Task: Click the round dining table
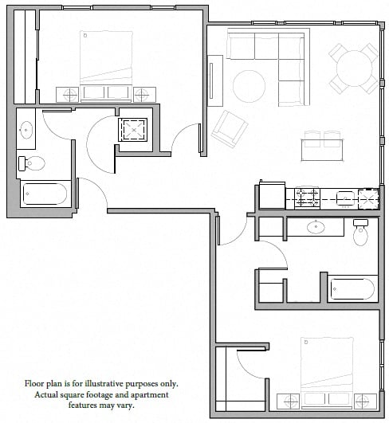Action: coord(354,69)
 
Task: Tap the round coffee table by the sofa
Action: coord(249,86)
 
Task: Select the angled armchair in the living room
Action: coord(230,129)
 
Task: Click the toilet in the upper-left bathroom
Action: coord(31,163)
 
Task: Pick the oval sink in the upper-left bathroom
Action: coord(26,130)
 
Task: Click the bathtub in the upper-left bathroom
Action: coord(45,194)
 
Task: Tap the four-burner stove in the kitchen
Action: coord(307,198)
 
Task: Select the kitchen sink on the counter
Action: coord(346,199)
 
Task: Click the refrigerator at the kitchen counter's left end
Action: coord(272,196)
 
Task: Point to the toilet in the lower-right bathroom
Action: coord(360,233)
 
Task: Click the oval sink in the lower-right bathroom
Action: coord(316,227)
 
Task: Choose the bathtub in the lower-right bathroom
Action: coord(352,289)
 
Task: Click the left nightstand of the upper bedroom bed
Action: coord(68,95)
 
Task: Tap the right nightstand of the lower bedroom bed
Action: coord(365,401)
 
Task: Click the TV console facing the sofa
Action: coord(215,80)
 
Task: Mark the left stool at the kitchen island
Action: coord(312,139)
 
